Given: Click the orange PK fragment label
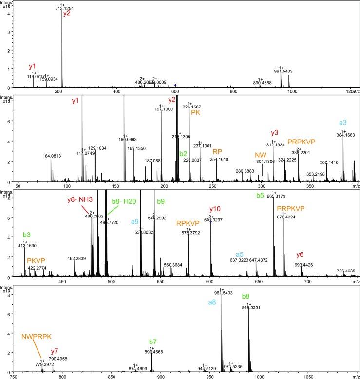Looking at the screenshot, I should pos(195,112).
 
